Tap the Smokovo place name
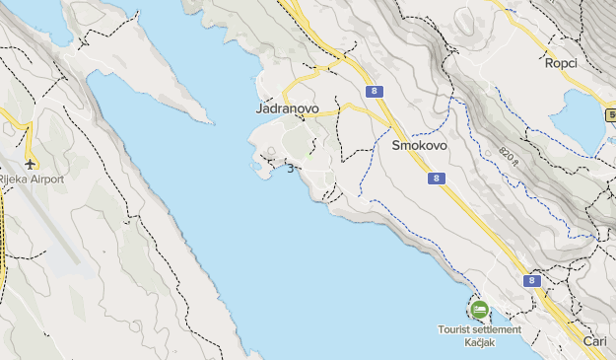point(419,145)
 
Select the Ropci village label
point(560,63)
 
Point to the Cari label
point(594,340)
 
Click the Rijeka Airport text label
point(32,180)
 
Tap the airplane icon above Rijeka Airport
point(31,163)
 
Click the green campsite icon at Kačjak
point(479,310)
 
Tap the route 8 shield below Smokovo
point(437,179)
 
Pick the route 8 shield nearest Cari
point(533,281)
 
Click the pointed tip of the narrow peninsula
point(210,122)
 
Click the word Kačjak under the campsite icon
point(480,341)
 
